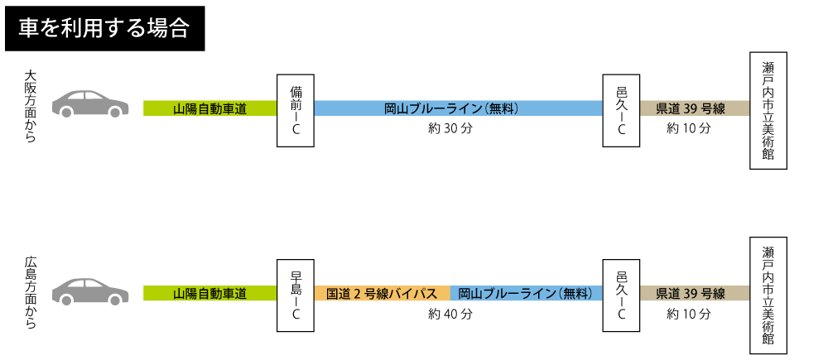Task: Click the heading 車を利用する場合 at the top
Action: point(103,28)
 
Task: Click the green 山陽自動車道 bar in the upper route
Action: point(209,108)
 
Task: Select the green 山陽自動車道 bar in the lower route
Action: point(209,294)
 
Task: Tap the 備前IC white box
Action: point(296,110)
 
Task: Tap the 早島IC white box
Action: point(296,295)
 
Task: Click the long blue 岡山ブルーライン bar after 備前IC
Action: point(458,108)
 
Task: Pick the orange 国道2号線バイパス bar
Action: point(382,294)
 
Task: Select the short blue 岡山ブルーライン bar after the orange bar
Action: point(527,294)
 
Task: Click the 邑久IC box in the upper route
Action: point(621,110)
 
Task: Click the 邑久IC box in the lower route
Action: point(621,295)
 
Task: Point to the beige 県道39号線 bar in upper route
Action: point(695,108)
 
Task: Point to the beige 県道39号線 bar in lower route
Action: point(695,294)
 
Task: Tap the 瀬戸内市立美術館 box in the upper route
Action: point(768,110)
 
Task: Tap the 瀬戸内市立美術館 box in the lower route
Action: point(768,295)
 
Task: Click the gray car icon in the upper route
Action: point(90,103)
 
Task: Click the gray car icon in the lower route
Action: point(90,290)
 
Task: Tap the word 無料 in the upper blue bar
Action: point(503,108)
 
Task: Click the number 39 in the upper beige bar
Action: point(691,108)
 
